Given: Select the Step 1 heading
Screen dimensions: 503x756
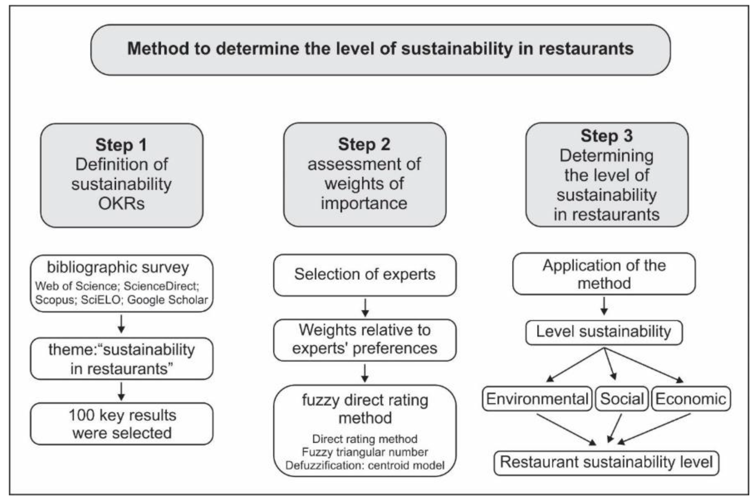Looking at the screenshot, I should [x=121, y=145].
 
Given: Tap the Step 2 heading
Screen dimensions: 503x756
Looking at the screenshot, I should [x=364, y=144].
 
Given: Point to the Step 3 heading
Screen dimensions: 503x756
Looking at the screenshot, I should [x=607, y=136].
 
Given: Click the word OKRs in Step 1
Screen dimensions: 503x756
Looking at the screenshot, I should [x=121, y=203].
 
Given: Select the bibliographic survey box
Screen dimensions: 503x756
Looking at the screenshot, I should [x=121, y=283].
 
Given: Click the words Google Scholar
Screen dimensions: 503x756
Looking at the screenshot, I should [x=167, y=300].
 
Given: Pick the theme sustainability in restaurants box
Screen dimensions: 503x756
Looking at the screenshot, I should [x=121, y=359].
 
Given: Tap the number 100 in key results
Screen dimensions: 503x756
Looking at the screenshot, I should [x=81, y=415].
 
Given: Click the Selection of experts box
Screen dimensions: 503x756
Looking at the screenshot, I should [x=364, y=275].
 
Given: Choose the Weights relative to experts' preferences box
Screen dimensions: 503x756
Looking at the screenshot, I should [x=364, y=339].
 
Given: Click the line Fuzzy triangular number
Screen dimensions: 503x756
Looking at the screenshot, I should [x=364, y=452].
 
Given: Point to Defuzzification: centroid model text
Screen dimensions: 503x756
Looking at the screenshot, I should [x=364, y=465].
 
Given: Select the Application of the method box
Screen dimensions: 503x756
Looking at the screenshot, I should [x=604, y=274].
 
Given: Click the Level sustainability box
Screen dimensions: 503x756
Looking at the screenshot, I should [x=604, y=332].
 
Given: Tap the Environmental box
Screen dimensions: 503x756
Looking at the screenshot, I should [x=537, y=399].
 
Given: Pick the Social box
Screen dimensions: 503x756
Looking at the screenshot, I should [x=622, y=399].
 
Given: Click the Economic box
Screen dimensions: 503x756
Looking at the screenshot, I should [x=690, y=399].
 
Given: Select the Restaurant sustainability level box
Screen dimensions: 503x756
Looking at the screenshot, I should [x=606, y=462].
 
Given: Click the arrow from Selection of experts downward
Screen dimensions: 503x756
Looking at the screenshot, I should [x=365, y=307].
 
